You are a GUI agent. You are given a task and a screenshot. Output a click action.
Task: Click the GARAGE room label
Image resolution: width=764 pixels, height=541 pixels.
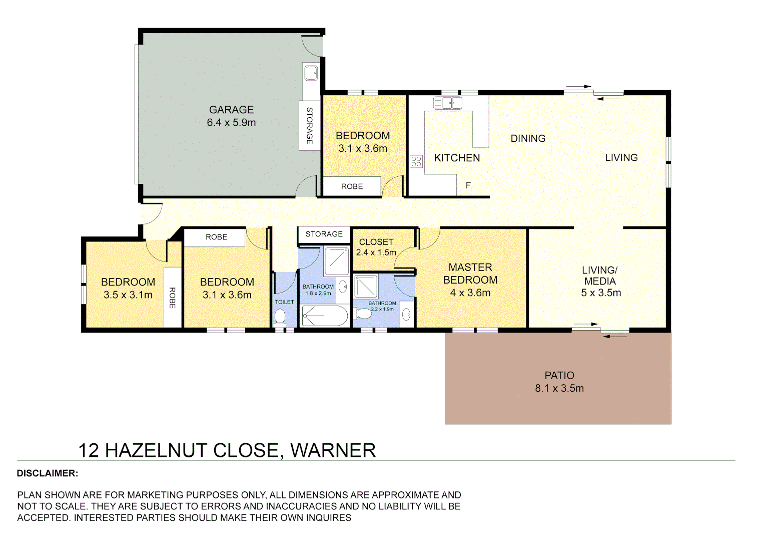(x=231, y=110)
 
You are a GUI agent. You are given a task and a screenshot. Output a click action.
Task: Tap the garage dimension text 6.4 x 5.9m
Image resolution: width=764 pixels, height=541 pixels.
(x=231, y=123)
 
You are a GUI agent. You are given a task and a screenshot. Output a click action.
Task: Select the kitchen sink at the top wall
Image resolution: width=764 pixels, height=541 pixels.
(x=448, y=103)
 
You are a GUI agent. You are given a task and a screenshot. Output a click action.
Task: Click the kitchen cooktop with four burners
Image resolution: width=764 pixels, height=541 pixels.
(x=416, y=161)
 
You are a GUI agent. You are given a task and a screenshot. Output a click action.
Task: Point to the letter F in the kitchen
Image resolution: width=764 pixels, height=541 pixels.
(x=468, y=185)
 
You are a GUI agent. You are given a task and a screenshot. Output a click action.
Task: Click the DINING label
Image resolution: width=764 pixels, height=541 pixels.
(x=528, y=139)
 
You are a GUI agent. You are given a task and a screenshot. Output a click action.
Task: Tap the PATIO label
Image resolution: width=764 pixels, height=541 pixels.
(x=559, y=376)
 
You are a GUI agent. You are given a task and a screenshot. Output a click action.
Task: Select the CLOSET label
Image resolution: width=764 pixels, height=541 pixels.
(x=376, y=242)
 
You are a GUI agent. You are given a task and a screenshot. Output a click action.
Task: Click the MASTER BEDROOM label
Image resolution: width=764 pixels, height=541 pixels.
(x=470, y=274)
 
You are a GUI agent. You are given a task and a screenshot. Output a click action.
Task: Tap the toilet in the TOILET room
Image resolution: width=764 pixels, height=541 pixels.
(x=280, y=317)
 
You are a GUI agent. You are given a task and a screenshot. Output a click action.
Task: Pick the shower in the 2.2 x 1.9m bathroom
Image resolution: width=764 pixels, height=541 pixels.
(x=366, y=286)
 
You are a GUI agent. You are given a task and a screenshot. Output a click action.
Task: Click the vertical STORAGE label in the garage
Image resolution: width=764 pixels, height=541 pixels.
(x=309, y=126)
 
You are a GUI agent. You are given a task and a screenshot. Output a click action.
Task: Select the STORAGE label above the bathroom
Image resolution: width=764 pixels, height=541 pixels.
(x=324, y=234)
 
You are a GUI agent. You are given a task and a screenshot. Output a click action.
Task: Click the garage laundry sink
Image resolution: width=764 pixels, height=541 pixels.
(x=311, y=73)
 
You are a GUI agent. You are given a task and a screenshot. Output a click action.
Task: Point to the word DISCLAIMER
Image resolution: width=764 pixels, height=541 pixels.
(x=48, y=473)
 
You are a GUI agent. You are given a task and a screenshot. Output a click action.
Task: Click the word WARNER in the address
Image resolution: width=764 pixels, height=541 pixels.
(x=333, y=450)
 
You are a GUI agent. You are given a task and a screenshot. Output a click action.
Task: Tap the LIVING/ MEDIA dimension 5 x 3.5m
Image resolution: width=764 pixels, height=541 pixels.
(x=601, y=293)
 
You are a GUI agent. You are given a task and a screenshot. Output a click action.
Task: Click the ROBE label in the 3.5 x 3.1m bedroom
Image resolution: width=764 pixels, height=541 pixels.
(x=172, y=298)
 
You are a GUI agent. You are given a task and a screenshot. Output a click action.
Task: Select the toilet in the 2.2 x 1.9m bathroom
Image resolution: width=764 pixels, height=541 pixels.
(x=364, y=314)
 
